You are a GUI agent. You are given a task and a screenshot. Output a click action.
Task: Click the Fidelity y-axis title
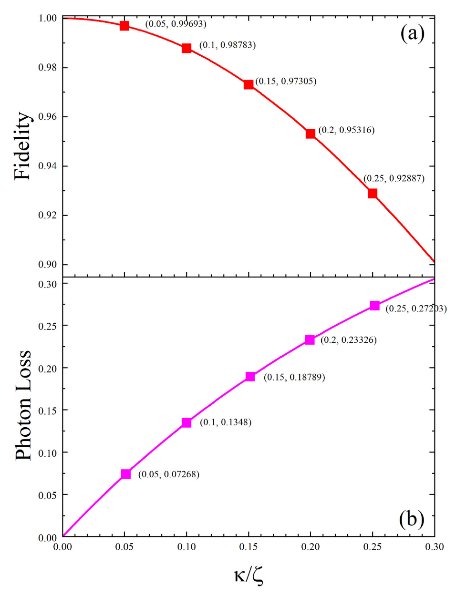(22, 146)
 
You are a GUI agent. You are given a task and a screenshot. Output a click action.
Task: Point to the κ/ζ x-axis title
(249, 575)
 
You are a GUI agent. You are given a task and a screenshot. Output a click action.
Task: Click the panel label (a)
(412, 33)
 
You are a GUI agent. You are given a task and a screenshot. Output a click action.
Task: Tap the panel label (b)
(411, 519)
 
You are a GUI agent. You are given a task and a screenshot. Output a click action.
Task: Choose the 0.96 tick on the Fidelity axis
(47, 117)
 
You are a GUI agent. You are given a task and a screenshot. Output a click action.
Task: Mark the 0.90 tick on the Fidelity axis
(47, 265)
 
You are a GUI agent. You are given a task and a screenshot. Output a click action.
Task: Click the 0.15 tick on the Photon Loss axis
(47, 411)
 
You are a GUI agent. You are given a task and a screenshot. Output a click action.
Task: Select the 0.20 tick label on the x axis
(310, 547)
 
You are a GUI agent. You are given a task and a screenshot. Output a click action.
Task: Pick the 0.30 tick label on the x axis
(434, 547)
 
